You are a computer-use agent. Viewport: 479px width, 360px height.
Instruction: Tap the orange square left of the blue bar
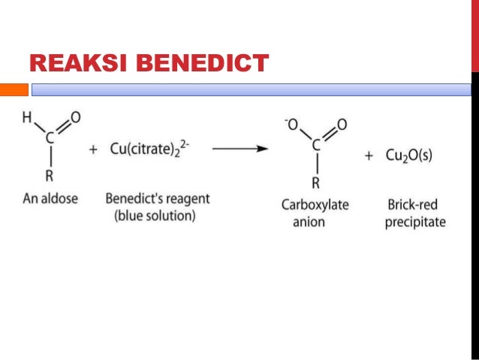14,90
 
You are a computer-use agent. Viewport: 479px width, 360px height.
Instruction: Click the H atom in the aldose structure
27,119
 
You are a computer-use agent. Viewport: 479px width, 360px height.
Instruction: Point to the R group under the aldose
50,177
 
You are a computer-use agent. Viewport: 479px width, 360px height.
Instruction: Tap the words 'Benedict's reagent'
158,199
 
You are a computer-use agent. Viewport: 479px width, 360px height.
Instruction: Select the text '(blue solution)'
155,216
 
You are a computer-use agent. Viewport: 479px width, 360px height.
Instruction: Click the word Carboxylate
315,204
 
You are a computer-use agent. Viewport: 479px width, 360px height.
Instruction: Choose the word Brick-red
414,204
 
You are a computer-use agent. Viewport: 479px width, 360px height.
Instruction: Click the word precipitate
415,222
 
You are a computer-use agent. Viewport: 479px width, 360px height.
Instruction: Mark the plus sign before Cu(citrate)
93,150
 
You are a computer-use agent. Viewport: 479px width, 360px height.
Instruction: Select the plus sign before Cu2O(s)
369,156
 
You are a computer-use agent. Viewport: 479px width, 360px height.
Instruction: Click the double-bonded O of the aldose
76,118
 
